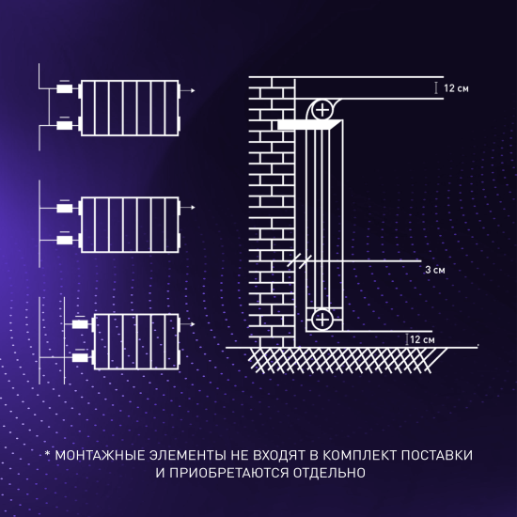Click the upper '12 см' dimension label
[x=456, y=87]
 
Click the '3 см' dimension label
[x=433, y=269]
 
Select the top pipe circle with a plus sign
[x=322, y=109]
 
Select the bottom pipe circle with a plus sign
[x=322, y=320]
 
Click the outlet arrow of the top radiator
[x=192, y=91]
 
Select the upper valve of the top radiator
[x=64, y=91]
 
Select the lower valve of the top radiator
[x=64, y=125]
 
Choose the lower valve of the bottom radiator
[x=80, y=357]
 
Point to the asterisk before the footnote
[x=47, y=455]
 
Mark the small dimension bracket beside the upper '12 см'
[x=435, y=87]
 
